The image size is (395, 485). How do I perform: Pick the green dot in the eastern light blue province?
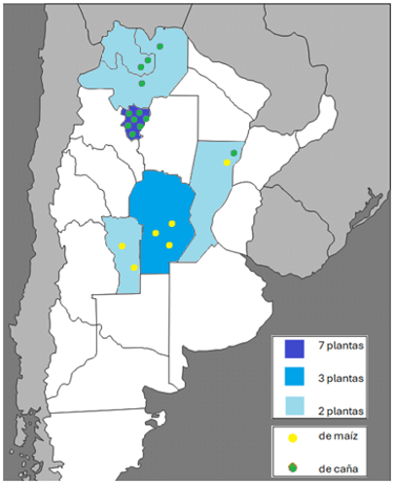tap(234, 153)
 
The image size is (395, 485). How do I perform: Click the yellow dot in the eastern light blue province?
tap(227, 163)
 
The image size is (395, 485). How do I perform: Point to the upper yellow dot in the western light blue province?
tap(122, 246)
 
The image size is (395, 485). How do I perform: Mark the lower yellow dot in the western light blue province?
tap(134, 267)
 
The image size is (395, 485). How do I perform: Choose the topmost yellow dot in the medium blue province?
tap(171, 224)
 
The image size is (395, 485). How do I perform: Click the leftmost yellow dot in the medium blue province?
tap(156, 233)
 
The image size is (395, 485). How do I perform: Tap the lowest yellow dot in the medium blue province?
tap(169, 244)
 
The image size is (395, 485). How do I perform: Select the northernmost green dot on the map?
tap(160, 46)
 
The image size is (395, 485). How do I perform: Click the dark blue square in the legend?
tap(293, 349)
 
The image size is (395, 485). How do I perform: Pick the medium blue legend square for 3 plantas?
tap(293, 375)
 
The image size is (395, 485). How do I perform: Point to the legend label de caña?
tap(340, 469)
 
